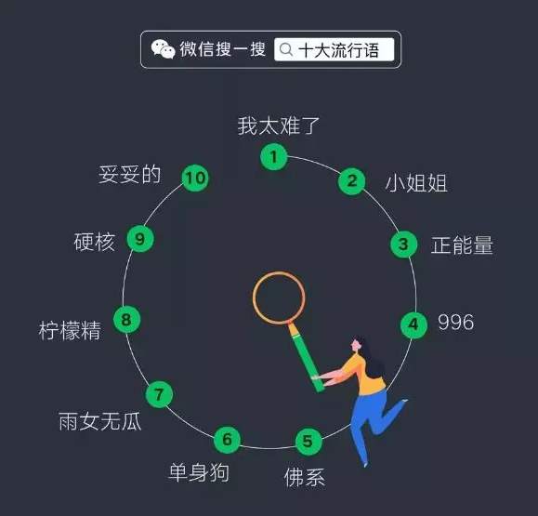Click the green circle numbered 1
coord(274,157)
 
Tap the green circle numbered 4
coord(413,324)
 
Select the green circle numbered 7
coord(159,394)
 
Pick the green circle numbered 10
coord(195,179)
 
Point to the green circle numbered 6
coord(227,440)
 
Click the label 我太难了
coord(279,126)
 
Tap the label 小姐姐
coord(416,182)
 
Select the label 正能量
coord(462,245)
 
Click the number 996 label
coord(456,323)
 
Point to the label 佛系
coord(305,477)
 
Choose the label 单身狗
coord(199,472)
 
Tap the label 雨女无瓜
coord(99,421)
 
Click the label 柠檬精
coord(70,331)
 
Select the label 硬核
coord(95,242)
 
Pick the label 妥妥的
coord(129,175)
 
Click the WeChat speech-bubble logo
coord(163,49)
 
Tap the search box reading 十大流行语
coord(334,50)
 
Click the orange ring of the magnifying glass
coord(254,298)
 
